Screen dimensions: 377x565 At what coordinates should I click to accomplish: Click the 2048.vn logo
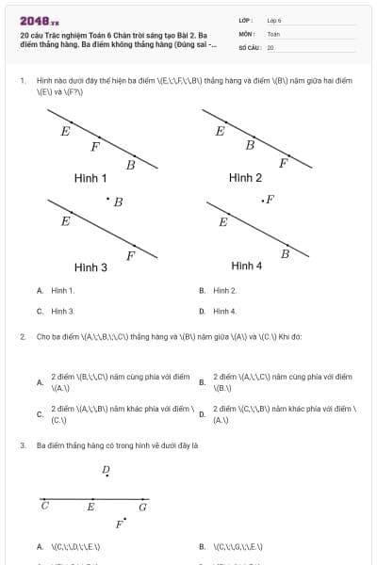tap(40, 21)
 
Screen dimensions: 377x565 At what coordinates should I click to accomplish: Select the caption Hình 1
tap(90, 178)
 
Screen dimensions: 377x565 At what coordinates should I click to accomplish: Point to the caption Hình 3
tap(90, 267)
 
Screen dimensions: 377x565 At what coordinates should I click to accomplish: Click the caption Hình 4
tap(246, 266)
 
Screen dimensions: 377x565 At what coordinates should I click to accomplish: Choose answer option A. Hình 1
tap(62, 291)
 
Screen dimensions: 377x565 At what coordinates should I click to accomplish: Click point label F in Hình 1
tap(95, 146)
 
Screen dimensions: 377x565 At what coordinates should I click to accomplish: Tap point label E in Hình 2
tap(221, 131)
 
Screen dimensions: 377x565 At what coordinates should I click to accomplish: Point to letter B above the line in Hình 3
tap(118, 202)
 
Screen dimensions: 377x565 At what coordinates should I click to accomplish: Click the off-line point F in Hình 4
tap(270, 200)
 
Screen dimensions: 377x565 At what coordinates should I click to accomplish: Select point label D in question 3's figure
tap(106, 469)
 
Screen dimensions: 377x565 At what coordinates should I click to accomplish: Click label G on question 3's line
tap(142, 507)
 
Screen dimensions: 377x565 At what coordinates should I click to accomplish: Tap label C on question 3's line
tap(44, 507)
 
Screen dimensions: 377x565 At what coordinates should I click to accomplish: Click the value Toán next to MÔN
tap(273, 33)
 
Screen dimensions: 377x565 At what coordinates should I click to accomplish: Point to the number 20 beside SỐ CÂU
tap(270, 46)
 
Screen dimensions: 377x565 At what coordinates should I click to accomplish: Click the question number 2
tap(22, 335)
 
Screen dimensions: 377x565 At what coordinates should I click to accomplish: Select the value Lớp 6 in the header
tap(274, 20)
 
